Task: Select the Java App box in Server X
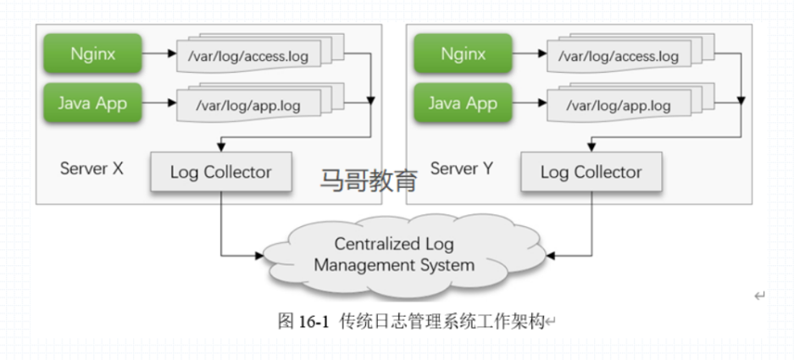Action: pyautogui.click(x=92, y=104)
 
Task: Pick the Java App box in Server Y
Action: pyautogui.click(x=463, y=104)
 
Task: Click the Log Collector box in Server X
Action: pyautogui.click(x=220, y=172)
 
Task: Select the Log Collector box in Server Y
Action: pyautogui.click(x=591, y=172)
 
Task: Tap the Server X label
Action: pyautogui.click(x=92, y=168)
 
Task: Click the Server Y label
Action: pyautogui.click(x=462, y=168)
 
